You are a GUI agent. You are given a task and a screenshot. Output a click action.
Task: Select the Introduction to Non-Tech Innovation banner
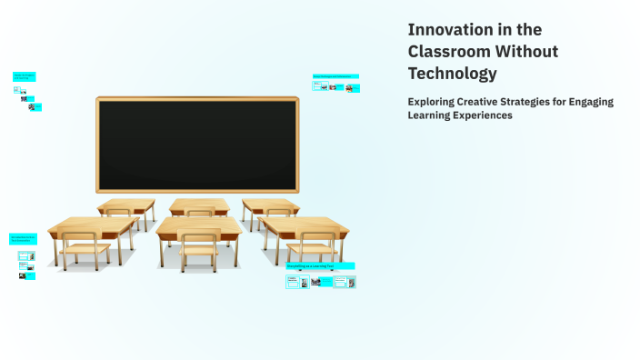(x=23, y=238)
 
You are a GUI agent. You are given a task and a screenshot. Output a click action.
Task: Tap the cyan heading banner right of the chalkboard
(x=335, y=76)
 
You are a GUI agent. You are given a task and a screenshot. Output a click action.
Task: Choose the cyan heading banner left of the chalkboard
(x=24, y=76)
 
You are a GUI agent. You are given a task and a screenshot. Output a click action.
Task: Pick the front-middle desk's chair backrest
(x=198, y=239)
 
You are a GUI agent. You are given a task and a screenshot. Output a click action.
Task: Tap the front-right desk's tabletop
(x=304, y=224)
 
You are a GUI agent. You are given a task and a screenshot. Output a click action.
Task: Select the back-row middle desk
(x=199, y=206)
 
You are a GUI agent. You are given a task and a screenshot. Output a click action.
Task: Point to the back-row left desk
(x=125, y=206)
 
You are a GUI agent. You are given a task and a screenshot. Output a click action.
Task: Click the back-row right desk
(x=270, y=206)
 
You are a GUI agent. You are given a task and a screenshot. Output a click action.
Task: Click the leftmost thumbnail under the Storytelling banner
(x=293, y=282)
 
